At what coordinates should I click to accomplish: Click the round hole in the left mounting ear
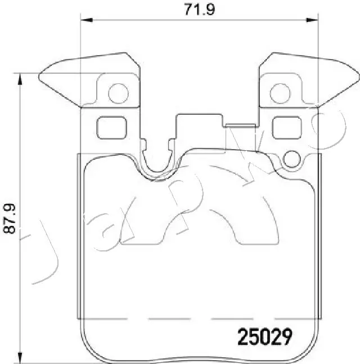[x=118, y=93]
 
